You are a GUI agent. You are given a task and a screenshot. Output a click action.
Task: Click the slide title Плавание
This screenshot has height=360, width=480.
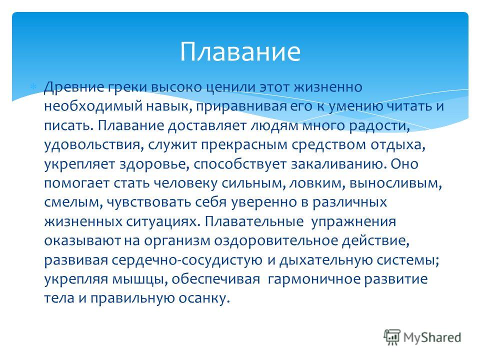pyautogui.click(x=240, y=51)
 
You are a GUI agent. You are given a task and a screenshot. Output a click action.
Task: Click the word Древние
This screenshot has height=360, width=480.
pyautogui.click(x=73, y=87)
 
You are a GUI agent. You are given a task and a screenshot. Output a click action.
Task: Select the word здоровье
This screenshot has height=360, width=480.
pyautogui.click(x=156, y=164)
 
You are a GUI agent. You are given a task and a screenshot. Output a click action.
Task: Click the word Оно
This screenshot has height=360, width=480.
pyautogui.click(x=404, y=164)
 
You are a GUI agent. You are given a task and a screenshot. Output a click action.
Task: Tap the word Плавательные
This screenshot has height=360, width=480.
pyautogui.click(x=254, y=221)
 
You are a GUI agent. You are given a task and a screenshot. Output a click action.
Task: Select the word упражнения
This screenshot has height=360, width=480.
pyautogui.click(x=353, y=222)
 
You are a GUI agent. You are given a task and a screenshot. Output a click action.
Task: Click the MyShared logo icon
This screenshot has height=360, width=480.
pyautogui.click(x=392, y=337)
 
